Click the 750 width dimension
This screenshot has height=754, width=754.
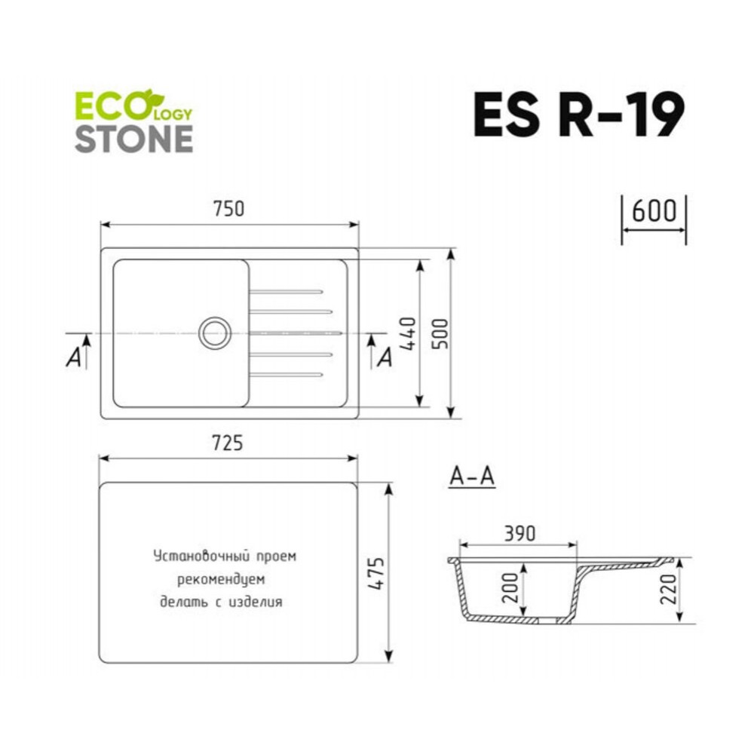(x=228, y=209)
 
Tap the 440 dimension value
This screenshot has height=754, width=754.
(x=408, y=333)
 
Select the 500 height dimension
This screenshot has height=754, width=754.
(x=440, y=333)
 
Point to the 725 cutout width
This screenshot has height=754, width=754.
(x=228, y=443)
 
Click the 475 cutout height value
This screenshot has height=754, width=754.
(x=376, y=573)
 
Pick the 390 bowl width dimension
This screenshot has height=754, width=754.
(x=520, y=533)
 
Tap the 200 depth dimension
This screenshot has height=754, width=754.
(x=510, y=587)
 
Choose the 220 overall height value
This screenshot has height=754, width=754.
(x=669, y=589)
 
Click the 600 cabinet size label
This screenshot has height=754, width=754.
(x=654, y=210)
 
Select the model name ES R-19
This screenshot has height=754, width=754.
(x=578, y=115)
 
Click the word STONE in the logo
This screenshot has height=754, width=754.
(x=134, y=139)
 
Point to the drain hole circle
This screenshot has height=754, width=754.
(x=214, y=333)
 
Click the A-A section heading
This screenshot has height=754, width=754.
(x=472, y=477)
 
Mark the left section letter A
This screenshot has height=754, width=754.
(x=74, y=357)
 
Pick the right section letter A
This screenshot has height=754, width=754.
(x=385, y=357)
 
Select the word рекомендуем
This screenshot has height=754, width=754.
(x=221, y=579)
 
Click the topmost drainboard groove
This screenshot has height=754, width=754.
(x=286, y=292)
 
